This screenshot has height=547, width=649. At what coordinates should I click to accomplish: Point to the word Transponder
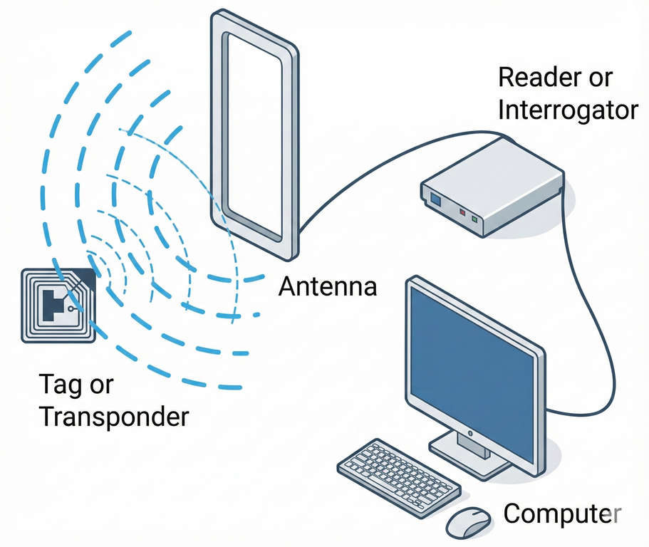[x=114, y=416]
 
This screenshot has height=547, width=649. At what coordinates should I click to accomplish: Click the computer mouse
[x=468, y=523]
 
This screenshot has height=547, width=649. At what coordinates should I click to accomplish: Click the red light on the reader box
[x=462, y=212]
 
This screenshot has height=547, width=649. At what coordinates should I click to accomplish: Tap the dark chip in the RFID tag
[x=53, y=303]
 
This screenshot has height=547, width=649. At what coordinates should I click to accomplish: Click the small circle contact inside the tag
[x=71, y=310]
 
